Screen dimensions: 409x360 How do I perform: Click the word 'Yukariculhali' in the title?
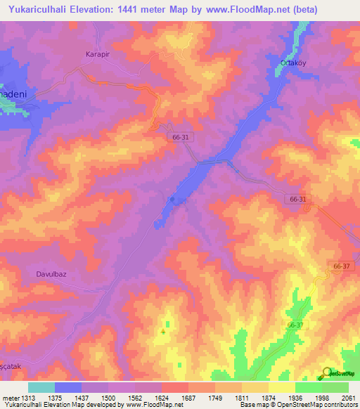click(33, 10)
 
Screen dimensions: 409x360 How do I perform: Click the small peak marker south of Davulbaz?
click(164, 331)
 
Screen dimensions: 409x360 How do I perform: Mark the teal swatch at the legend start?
click(41, 387)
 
